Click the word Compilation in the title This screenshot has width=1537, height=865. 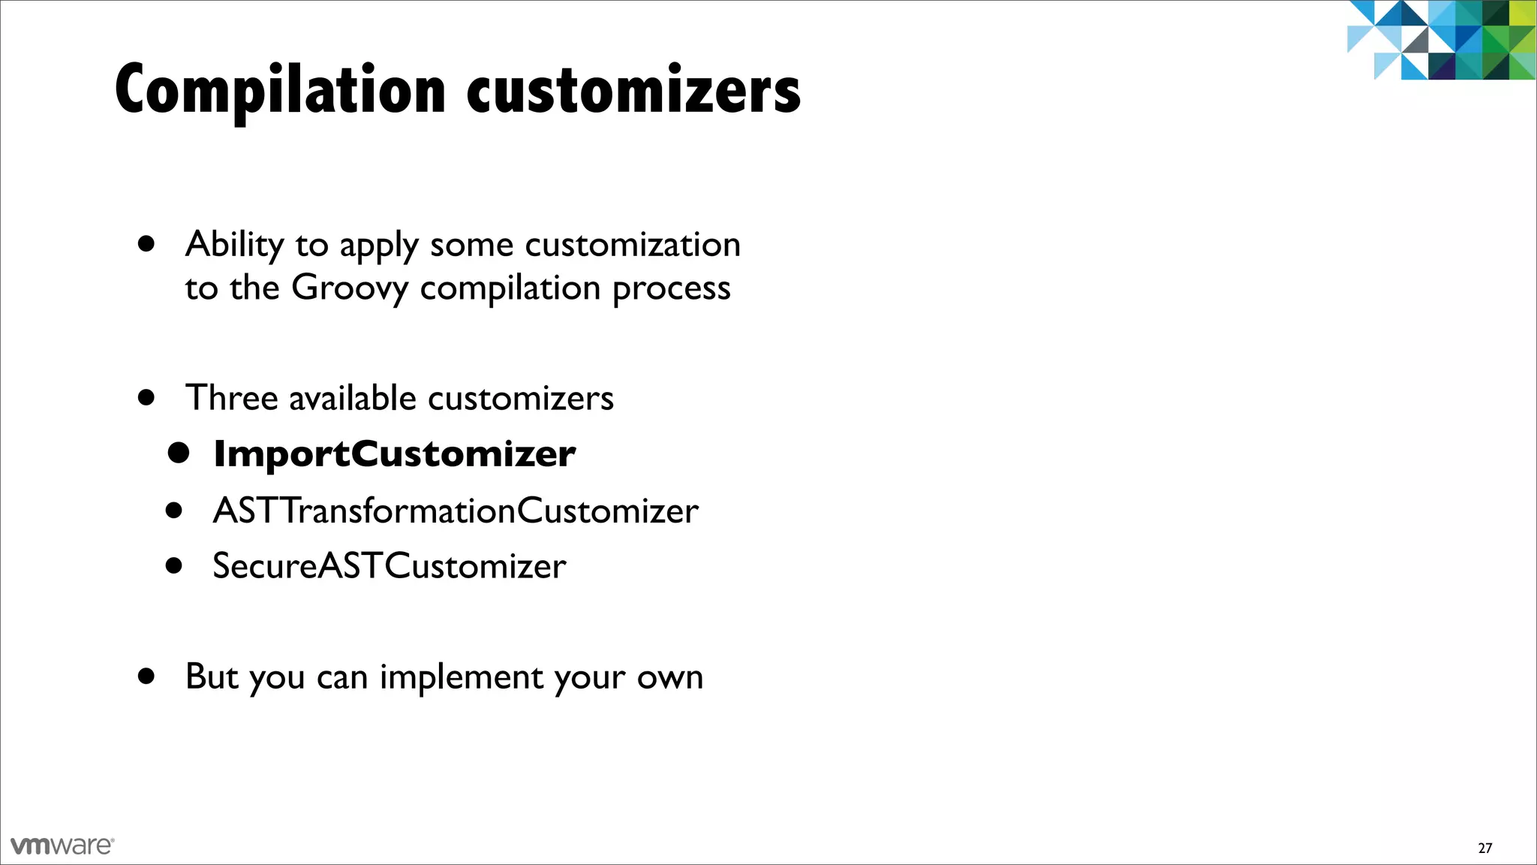280,91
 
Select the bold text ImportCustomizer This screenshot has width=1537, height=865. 395,454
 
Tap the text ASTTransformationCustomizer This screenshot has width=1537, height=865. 456,511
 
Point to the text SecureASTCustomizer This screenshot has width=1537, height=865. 389,566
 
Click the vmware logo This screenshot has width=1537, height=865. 62,845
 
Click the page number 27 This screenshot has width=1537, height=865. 1484,848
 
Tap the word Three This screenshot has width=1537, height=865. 232,398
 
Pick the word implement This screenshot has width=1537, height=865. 461,677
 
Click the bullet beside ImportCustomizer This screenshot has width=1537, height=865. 179,453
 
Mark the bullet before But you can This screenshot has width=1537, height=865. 146,676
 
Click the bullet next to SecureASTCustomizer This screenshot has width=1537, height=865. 174,565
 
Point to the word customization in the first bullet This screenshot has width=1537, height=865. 632,245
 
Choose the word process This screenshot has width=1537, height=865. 671,289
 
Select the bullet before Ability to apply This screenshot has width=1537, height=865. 146,243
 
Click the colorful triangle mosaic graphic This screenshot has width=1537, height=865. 1441,39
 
